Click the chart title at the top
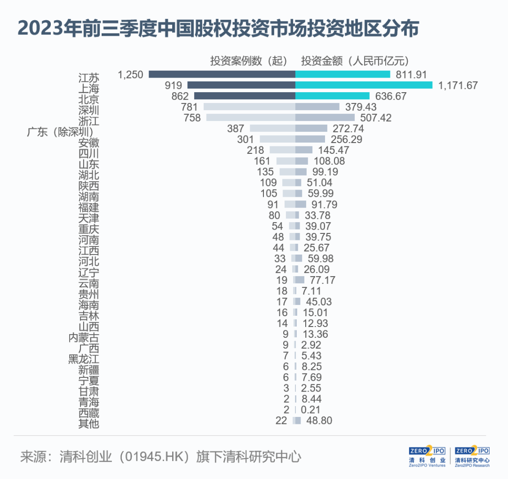pyautogui.click(x=218, y=29)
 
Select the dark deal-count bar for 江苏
pyautogui.click(x=222, y=74)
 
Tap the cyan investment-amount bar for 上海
pyautogui.click(x=364, y=85)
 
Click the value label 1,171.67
pyautogui.click(x=458, y=85)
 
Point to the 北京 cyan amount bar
pyautogui.click(x=333, y=96)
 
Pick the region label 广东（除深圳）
pyautogui.click(x=60, y=132)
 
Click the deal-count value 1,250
pyautogui.click(x=130, y=74)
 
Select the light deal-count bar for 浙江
pyautogui.click(x=251, y=117)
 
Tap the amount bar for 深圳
pyautogui.click(x=317, y=107)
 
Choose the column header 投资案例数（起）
pyautogui.click(x=248, y=61)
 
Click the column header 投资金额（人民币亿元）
pyautogui.click(x=355, y=61)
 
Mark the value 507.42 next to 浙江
pyautogui.click(x=376, y=118)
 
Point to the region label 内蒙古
pyautogui.click(x=84, y=338)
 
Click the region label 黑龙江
pyautogui.click(x=84, y=359)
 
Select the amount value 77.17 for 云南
pyautogui.click(x=322, y=280)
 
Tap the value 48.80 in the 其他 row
pyautogui.click(x=319, y=421)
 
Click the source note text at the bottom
pyautogui.click(x=161, y=456)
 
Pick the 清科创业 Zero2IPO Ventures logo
pyautogui.click(x=427, y=456)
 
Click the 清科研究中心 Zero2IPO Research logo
pyautogui.click(x=472, y=456)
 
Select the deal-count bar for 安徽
pyautogui.click(x=278, y=139)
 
